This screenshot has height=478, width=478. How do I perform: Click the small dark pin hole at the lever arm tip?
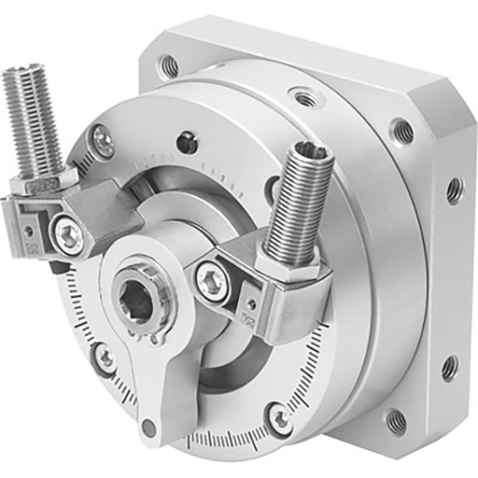click(x=148, y=430)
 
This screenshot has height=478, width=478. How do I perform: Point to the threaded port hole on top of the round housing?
click(x=302, y=96)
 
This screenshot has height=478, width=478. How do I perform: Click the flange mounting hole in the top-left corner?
click(x=169, y=65)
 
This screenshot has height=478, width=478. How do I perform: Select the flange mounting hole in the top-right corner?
click(x=401, y=130)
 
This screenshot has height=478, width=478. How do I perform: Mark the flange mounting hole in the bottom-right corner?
click(x=396, y=421)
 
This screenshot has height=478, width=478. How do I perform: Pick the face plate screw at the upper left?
click(x=104, y=142)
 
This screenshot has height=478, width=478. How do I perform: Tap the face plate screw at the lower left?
click(x=106, y=357)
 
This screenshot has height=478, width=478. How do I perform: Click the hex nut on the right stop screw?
click(x=297, y=265)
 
